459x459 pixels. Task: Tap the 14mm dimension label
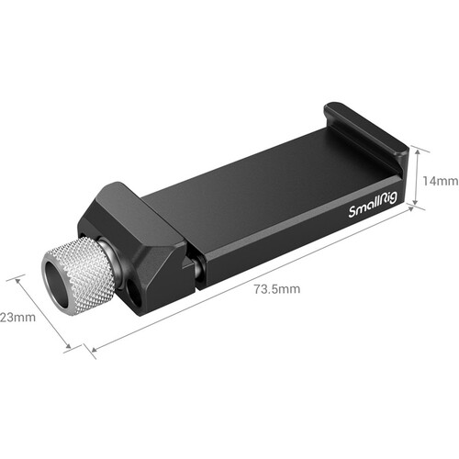point(438,181)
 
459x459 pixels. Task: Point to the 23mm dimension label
point(17,318)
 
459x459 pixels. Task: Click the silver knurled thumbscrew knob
point(81,271)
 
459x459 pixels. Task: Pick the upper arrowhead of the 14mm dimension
point(418,148)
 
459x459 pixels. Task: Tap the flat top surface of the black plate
point(266,193)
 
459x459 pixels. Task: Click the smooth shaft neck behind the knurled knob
point(107,252)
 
